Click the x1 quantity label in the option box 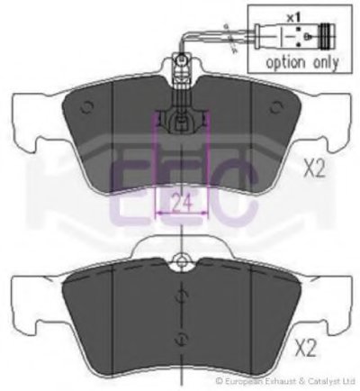point(293,18)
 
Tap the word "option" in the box point(285,63)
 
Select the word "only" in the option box point(326,63)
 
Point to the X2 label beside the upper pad point(314,168)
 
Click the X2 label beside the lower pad point(305,349)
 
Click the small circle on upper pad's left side point(87,107)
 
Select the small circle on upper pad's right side point(275,107)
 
